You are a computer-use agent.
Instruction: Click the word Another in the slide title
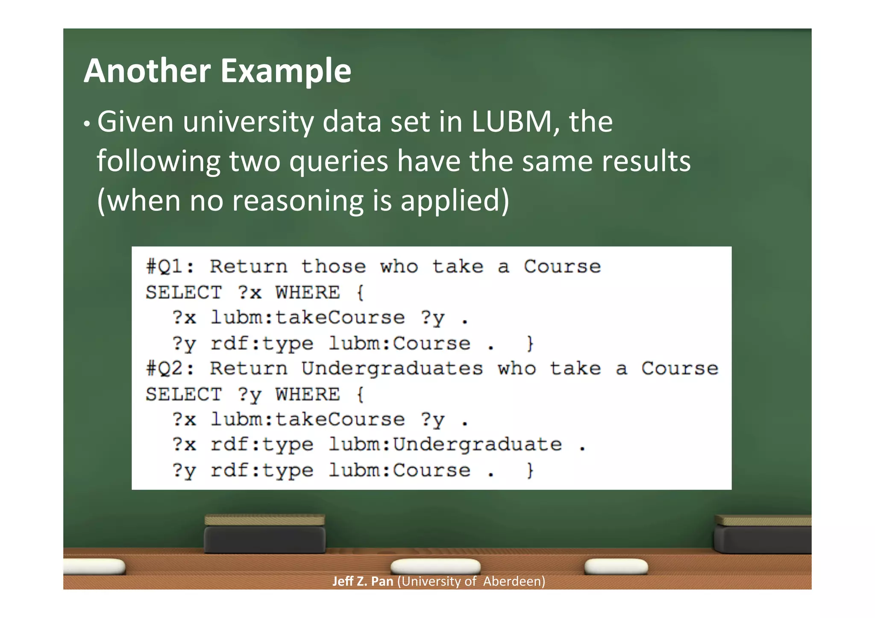(147, 71)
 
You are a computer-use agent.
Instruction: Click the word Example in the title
(286, 72)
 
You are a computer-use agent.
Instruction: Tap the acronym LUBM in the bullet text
(511, 122)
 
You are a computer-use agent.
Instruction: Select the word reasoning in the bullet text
(297, 200)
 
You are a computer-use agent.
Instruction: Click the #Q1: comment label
(170, 267)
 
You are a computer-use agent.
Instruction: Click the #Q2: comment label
(170, 369)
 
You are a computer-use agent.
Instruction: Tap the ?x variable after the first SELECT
(250, 293)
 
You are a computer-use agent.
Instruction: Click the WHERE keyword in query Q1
(308, 293)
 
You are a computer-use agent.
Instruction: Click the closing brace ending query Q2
(530, 470)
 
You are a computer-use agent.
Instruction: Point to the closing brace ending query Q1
(530, 343)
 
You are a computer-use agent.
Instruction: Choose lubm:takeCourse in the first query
(308, 318)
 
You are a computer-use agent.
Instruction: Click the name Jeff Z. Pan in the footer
(363, 581)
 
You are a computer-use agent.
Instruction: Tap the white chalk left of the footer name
(94, 567)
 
